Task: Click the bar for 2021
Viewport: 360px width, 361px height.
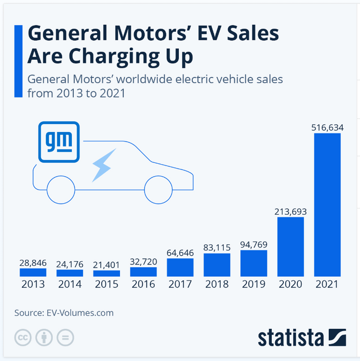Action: pos(327,205)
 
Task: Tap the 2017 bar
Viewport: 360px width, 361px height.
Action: pos(180,267)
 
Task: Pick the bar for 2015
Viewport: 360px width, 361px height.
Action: pos(107,273)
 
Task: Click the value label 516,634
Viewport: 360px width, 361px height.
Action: pos(327,127)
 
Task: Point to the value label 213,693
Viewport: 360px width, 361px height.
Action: pos(291,211)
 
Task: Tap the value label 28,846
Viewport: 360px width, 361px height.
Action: pos(33,262)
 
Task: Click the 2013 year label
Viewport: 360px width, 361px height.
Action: pos(33,284)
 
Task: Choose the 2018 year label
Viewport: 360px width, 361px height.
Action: pos(217,284)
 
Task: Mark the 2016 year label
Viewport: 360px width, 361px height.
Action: pos(143,284)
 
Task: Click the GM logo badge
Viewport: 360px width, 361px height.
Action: pos(58,141)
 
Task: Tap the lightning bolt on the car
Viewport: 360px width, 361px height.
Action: pos(104,165)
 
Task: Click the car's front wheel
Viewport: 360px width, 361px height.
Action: pos(159,190)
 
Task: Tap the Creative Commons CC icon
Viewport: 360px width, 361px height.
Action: pos(23,337)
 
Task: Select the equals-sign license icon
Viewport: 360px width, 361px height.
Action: pos(65,337)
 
